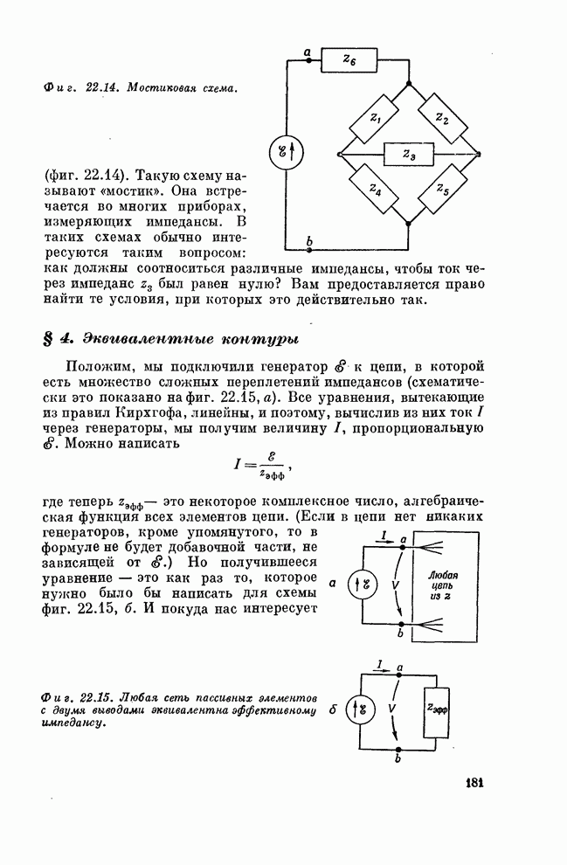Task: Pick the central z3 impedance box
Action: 410,155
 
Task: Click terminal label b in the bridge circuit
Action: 308,242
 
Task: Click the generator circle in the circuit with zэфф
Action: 360,709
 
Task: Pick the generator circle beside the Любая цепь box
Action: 360,584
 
